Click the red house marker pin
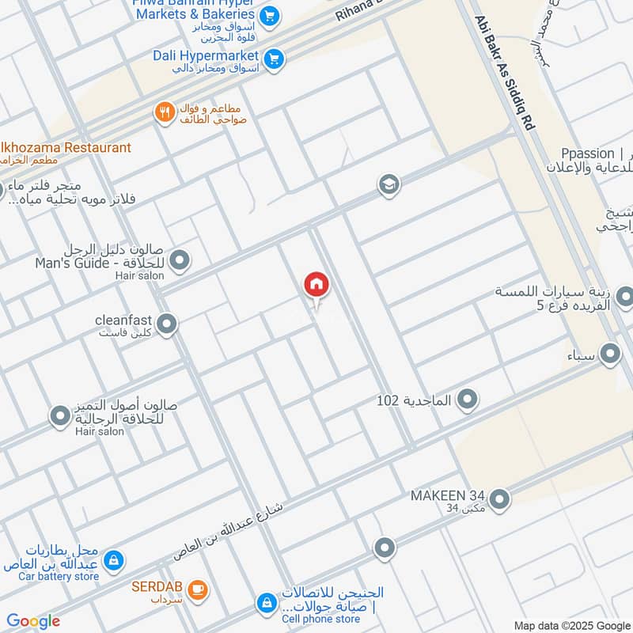(x=316, y=285)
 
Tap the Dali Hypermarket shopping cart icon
(x=274, y=59)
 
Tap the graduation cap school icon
(x=388, y=184)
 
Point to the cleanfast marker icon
(x=167, y=324)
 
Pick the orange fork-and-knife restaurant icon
(x=165, y=112)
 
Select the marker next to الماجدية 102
(x=468, y=400)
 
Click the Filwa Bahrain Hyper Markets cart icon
(x=270, y=14)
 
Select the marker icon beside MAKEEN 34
(x=499, y=498)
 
